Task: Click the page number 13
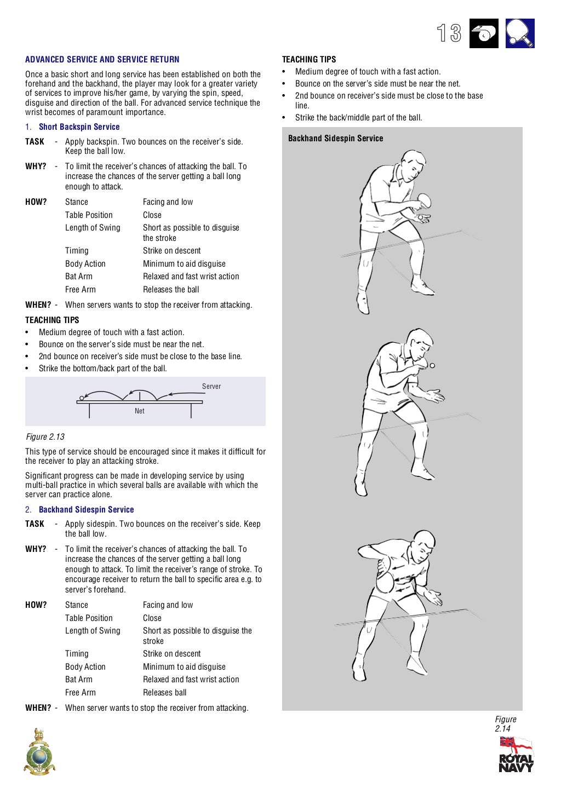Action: click(449, 33)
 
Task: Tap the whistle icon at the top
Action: click(484, 33)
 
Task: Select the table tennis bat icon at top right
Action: click(519, 33)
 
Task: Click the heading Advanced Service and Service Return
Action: click(102, 59)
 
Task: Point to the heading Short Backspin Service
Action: click(79, 126)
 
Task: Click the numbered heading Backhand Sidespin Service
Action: click(86, 509)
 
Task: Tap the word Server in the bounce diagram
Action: click(211, 386)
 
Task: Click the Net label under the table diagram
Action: click(140, 411)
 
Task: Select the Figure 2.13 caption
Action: click(45, 436)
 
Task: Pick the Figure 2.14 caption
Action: click(505, 724)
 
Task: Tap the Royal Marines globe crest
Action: click(39, 753)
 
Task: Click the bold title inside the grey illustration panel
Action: click(335, 138)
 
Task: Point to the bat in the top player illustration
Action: click(424, 200)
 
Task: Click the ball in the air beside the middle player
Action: click(432, 365)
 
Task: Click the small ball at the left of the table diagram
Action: click(82, 398)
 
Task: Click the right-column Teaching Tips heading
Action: click(309, 59)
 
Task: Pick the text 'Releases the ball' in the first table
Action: click(171, 289)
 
